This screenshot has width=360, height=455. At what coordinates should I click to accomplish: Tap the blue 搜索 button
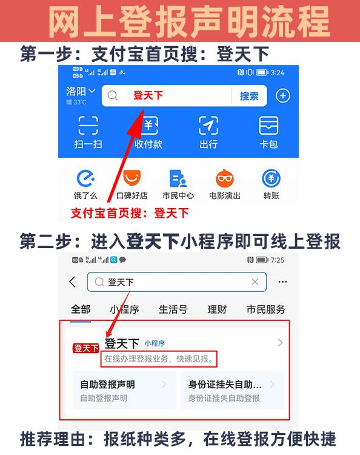tap(249, 96)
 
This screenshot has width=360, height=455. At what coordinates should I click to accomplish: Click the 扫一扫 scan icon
tap(88, 126)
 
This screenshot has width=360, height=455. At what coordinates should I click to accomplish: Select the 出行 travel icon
tap(208, 126)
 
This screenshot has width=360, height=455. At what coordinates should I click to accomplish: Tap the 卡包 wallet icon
tap(268, 126)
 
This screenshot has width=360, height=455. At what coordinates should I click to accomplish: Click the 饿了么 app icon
tap(85, 178)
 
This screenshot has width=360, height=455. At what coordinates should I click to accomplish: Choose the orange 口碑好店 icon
tap(132, 178)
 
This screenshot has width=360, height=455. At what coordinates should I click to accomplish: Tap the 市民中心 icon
tap(178, 178)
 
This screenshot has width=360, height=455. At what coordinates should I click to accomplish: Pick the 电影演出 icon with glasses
tap(225, 178)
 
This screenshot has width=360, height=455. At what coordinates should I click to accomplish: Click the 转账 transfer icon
tap(271, 178)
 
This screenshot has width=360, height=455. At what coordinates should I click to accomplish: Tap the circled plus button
tap(282, 96)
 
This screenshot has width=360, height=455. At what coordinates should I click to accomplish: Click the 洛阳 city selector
tap(81, 92)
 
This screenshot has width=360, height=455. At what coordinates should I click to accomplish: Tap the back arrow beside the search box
tap(73, 281)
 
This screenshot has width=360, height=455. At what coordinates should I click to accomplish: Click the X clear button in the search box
tap(255, 281)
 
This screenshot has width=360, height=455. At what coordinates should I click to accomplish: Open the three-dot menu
tap(282, 281)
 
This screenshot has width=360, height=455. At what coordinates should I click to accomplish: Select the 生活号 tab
tap(173, 309)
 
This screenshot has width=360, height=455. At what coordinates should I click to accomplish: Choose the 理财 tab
tap(217, 309)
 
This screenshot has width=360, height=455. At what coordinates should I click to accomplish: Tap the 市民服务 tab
tap(266, 309)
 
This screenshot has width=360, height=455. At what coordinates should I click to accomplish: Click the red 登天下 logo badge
tap(86, 348)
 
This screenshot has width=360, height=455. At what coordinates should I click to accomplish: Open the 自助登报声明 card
tap(124, 390)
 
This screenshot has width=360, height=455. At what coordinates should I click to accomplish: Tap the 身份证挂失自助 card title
tap(225, 385)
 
